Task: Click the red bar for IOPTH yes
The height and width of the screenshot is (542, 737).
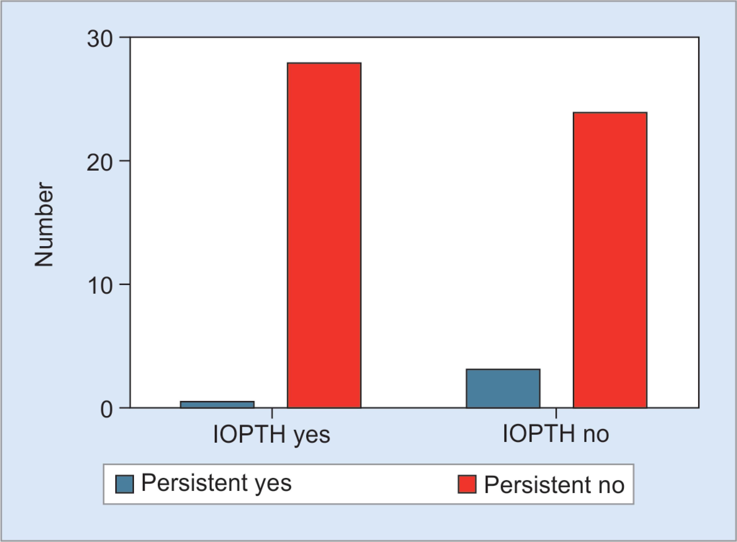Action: [x=324, y=235]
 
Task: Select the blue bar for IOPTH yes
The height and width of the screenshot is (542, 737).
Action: [x=217, y=405]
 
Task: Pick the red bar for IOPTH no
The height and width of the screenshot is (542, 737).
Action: [x=610, y=260]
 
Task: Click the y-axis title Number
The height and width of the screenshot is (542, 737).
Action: [x=44, y=224]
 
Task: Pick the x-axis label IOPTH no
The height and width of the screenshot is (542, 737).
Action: [x=556, y=434]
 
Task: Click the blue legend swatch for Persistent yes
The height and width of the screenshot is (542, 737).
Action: [x=124, y=484]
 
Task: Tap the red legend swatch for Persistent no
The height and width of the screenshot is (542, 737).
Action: [x=467, y=484]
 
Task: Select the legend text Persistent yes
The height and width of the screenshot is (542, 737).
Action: [x=216, y=484]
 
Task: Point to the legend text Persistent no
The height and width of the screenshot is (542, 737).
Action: [x=554, y=484]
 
